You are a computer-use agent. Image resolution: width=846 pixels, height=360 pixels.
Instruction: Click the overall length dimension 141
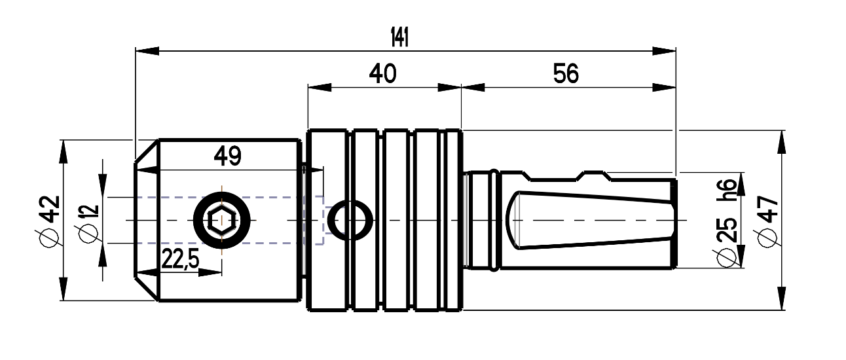(x=399, y=37)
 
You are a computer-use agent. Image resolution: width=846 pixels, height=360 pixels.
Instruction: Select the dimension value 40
(x=382, y=73)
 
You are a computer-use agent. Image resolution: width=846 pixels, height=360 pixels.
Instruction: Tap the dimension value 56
(x=566, y=73)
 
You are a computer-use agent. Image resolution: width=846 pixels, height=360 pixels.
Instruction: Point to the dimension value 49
(x=227, y=156)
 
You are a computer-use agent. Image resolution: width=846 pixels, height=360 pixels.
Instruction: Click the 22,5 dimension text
(x=180, y=259)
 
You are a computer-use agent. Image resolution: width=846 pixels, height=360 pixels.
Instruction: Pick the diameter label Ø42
(x=50, y=221)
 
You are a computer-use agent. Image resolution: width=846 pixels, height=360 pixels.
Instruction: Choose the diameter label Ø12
(x=89, y=224)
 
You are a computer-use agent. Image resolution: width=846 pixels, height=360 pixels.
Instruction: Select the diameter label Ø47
(x=768, y=222)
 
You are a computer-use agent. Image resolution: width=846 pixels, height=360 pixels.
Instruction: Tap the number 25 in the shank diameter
(x=727, y=230)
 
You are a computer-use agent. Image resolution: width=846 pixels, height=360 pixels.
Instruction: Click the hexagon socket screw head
(x=222, y=221)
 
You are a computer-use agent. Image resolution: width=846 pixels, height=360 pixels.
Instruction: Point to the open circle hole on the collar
(x=350, y=221)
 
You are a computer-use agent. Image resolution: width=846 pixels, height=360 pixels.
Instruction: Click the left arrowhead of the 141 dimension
(x=147, y=51)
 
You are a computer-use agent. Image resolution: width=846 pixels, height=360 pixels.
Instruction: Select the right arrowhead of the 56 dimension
(x=664, y=88)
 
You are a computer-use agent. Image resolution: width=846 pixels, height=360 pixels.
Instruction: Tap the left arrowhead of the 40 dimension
(x=320, y=88)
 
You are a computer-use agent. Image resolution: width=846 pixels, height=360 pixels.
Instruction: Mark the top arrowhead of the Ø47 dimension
(x=781, y=142)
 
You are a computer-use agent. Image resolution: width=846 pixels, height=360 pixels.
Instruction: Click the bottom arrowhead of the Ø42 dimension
(x=63, y=289)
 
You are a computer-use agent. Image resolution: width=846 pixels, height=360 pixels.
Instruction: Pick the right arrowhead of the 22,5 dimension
(x=210, y=272)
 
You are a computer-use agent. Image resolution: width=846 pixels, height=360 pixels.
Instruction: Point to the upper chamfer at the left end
(x=147, y=151)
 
